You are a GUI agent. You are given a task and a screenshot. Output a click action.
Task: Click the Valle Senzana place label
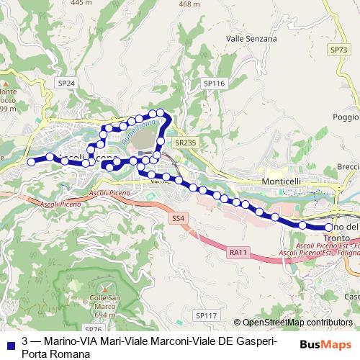tap(251, 38)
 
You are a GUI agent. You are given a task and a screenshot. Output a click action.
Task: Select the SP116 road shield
tap(215, 84)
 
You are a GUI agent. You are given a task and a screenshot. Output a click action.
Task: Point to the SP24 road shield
tap(66, 84)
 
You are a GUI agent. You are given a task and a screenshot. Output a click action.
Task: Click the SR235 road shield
tap(185, 143)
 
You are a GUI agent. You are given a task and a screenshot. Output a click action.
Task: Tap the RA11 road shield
tap(239, 252)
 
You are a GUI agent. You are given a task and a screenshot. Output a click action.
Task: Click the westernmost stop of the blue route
tap(31, 162)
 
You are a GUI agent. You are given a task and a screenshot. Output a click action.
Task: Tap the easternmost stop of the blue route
tap(329, 228)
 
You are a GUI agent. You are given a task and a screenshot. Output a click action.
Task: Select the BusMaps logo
tap(325, 345)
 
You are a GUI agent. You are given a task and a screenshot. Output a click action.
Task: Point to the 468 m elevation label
tap(189, 4)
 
